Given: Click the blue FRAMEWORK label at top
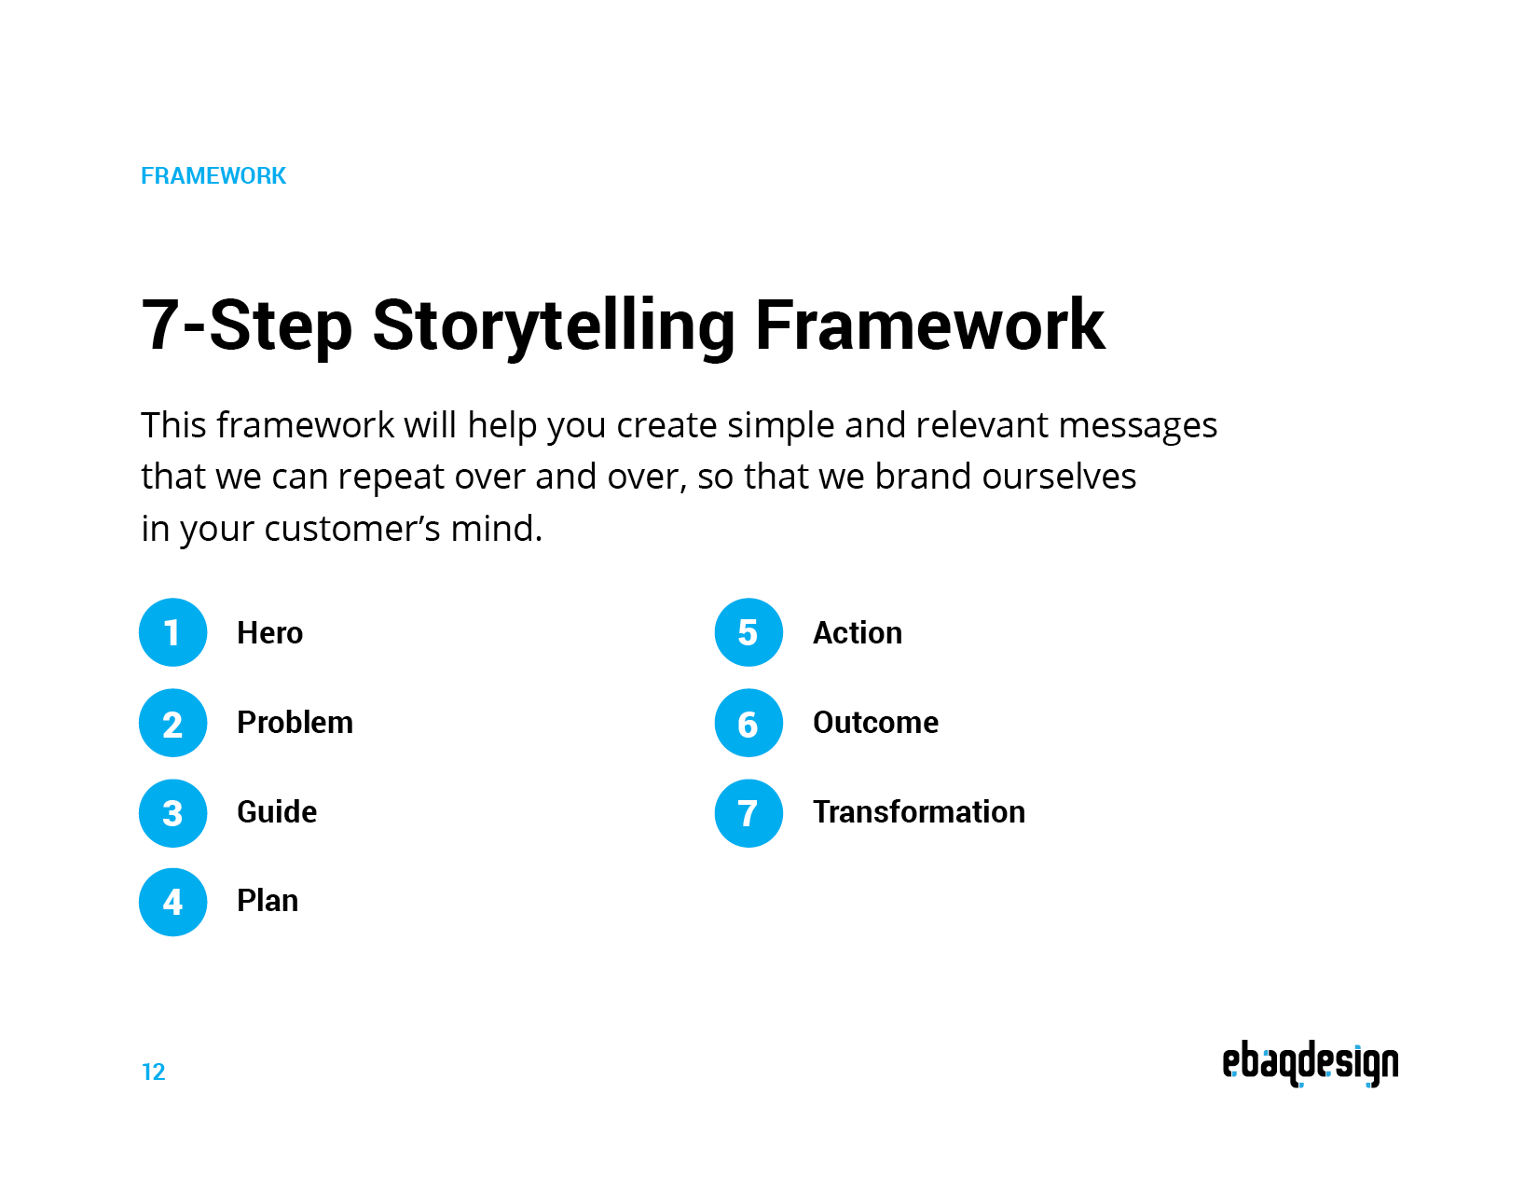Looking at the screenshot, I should pos(213,176).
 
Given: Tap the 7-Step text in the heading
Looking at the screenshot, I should pos(246,325).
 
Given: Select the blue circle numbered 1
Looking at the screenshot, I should pos(172,632).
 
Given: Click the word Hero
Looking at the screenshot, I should pos(269,633).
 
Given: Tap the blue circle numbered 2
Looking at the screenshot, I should pos(172,723).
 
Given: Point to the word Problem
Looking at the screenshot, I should pos(295,723).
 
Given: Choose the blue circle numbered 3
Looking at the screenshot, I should pos(172,812).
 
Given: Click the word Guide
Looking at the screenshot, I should pos(277,812).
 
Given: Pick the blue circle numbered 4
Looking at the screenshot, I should pos(172,902).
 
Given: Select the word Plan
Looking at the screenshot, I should pos(268,901).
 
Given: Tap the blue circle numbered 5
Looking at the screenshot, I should pos(748,632).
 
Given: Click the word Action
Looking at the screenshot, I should pos(857,633).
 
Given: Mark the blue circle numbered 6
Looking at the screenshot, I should pos(748,723).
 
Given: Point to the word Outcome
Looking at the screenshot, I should pos(875,723).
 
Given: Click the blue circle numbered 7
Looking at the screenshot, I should pos(748,812).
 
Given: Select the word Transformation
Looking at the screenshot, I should pos(918,812).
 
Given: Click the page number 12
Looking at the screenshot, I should pos(153,1072).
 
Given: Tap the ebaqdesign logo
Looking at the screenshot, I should pos(1310,1064).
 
